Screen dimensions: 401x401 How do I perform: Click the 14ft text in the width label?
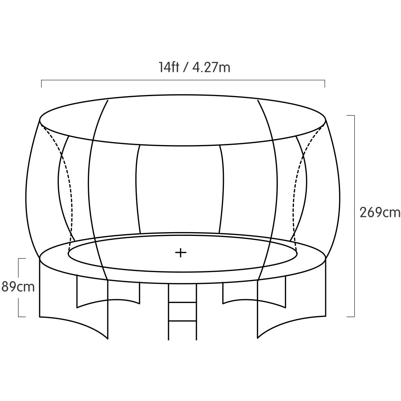tap(169, 67)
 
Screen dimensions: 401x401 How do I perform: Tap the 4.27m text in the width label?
tap(211, 67)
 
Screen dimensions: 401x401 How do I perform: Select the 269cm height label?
tap(380, 213)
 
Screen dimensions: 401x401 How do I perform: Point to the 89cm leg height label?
tap(18, 287)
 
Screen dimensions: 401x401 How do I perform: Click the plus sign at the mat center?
tap(181, 253)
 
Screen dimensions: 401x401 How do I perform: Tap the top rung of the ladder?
tap(182, 303)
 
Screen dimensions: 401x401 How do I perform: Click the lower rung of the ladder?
tap(182, 320)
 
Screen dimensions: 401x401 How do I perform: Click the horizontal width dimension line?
tap(183, 80)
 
